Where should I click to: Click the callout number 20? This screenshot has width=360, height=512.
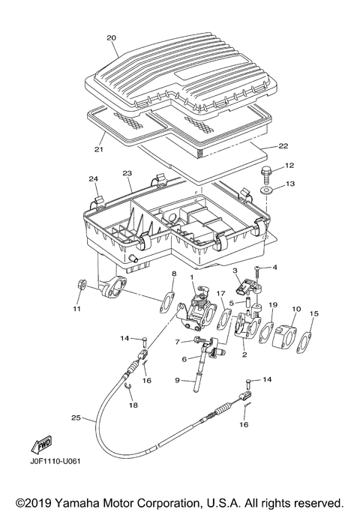112,38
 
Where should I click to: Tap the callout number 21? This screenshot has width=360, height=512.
99,149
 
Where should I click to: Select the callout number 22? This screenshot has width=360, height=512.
283,146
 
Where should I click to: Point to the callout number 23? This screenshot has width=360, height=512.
127,173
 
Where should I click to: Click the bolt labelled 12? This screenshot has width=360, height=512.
264,175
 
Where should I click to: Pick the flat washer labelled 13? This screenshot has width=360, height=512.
265,190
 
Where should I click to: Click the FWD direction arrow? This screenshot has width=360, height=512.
41,445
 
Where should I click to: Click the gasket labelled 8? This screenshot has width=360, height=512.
167,303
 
